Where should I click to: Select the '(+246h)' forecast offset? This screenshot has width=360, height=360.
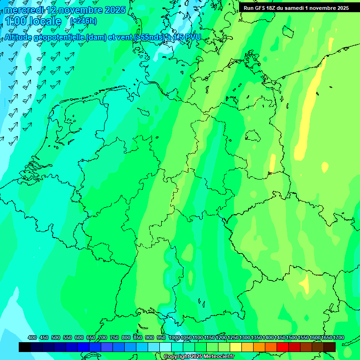pyautogui.click(x=83, y=21)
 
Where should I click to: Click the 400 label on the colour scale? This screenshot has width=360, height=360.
pyautogui.click(x=32, y=338)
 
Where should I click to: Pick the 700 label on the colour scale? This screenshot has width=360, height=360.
pyautogui.click(x=103, y=338)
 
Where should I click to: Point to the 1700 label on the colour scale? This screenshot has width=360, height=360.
pyautogui.click(x=338, y=338)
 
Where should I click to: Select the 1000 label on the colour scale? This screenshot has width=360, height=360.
pyautogui.click(x=174, y=338)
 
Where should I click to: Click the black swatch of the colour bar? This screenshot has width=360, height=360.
pyautogui.click(x=25, y=347)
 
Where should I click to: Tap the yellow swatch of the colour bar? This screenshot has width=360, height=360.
pyautogui.click(x=236, y=347)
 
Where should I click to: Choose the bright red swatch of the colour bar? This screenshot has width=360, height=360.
pyautogui.click(x=283, y=347)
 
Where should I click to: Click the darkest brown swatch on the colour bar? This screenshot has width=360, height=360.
pyautogui.click(x=330, y=347)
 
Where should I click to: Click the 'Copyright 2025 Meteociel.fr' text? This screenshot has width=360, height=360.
pyautogui.click(x=199, y=357)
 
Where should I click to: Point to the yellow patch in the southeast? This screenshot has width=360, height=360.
pyautogui.click(x=305, y=283)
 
